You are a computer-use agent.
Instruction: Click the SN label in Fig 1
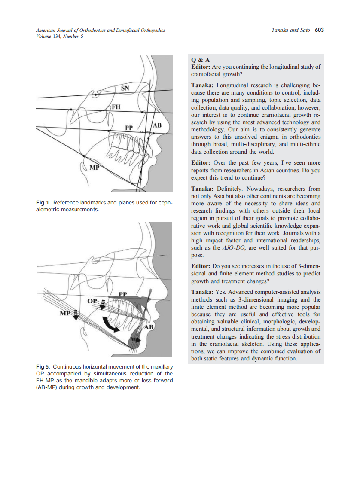[125, 88]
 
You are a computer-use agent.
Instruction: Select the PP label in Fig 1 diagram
[129, 128]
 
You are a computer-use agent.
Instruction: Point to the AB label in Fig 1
[157, 125]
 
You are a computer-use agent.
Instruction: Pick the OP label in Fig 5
[92, 300]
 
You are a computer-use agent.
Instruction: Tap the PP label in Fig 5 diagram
[123, 294]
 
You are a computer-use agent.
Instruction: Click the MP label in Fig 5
[64, 313]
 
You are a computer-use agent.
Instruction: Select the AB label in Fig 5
[149, 327]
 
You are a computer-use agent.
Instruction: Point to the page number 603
[319, 30]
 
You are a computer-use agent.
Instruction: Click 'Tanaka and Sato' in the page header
[291, 30]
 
